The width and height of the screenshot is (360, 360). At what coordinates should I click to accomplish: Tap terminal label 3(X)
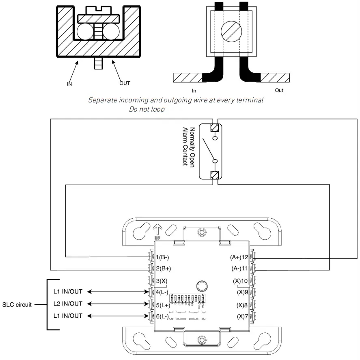pos(161,280)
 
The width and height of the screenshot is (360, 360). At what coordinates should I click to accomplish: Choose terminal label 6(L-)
pos(162,316)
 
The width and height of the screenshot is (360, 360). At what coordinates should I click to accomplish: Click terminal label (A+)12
pos(239,257)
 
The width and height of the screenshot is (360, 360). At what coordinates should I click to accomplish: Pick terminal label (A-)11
pos(239,269)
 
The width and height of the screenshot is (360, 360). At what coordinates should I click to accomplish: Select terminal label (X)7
pos(242,316)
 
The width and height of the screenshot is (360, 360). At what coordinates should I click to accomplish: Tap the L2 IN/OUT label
pos(68,304)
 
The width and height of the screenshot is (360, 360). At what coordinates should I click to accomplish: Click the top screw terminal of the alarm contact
pos(214,128)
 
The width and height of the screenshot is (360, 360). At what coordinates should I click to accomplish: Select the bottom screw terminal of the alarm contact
pos(214,175)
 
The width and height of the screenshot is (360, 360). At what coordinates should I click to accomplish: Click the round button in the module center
pos(200,285)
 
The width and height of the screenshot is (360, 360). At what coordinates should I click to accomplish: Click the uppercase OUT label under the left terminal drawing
pos(125,83)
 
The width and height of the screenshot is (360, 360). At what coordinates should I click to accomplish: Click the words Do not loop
pos(147,109)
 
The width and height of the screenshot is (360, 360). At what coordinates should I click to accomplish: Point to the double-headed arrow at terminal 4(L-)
pos(118,292)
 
